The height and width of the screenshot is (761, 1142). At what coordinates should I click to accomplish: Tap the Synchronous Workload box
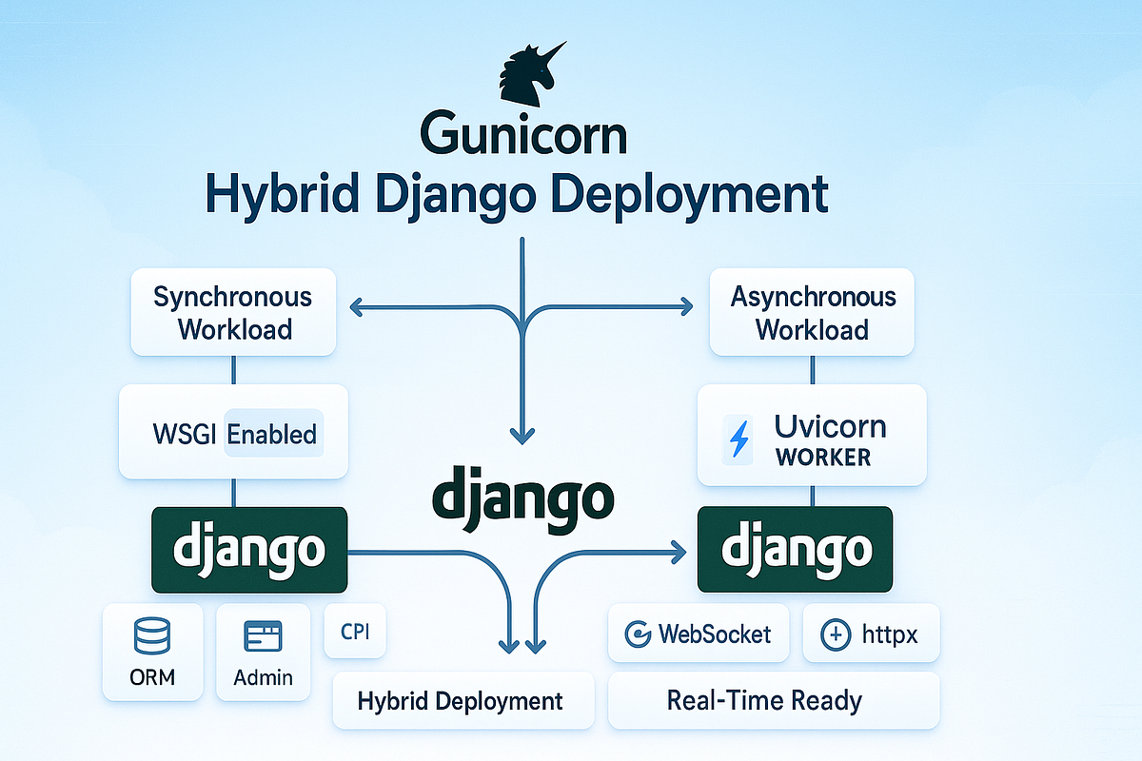pyautogui.click(x=233, y=312)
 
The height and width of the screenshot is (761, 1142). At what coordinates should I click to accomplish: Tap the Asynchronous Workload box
pyautogui.click(x=813, y=312)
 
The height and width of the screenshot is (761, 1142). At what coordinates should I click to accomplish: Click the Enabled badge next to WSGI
pyautogui.click(x=272, y=435)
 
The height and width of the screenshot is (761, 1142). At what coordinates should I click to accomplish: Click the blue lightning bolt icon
pyautogui.click(x=738, y=439)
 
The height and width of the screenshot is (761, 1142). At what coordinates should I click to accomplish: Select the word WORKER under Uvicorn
pyautogui.click(x=823, y=457)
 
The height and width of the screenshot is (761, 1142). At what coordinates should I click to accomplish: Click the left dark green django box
pyautogui.click(x=249, y=550)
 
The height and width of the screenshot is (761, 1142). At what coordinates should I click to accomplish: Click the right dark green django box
pyautogui.click(x=796, y=550)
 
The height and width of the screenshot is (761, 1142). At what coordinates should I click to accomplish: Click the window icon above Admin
pyautogui.click(x=263, y=635)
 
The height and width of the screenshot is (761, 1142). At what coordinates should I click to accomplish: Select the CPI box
pyautogui.click(x=355, y=632)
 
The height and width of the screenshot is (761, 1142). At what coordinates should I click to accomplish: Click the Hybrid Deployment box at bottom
pyautogui.click(x=461, y=702)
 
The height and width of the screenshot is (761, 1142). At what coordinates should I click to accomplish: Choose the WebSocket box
pyautogui.click(x=698, y=634)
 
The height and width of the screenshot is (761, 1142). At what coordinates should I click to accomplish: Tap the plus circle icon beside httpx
pyautogui.click(x=835, y=634)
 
